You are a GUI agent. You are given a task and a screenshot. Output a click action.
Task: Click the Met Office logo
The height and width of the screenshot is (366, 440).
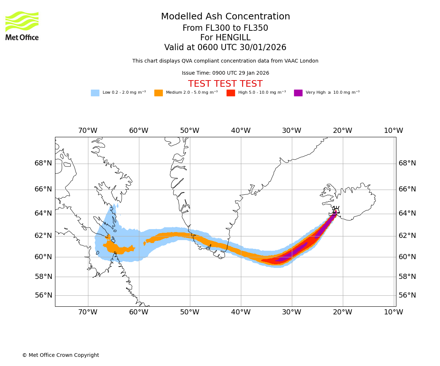click(x=22, y=26)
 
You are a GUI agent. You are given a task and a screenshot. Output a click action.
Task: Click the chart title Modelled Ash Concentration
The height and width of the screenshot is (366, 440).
click(x=225, y=16)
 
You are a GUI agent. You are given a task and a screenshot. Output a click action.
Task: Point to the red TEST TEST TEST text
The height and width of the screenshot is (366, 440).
click(x=225, y=84)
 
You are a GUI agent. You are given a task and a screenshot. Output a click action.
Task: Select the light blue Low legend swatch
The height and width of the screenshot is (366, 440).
click(x=95, y=93)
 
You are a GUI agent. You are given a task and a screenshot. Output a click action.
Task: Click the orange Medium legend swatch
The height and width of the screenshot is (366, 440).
click(x=158, y=93)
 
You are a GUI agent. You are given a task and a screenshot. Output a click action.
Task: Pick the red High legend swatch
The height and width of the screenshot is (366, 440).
click(x=231, y=93)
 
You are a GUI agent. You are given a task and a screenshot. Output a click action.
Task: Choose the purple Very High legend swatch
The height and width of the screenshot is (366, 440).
click(x=298, y=93)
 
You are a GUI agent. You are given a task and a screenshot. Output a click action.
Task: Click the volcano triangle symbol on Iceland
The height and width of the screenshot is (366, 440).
click(x=336, y=211)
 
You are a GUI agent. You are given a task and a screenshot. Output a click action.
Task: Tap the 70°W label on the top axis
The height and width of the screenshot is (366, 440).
click(x=88, y=131)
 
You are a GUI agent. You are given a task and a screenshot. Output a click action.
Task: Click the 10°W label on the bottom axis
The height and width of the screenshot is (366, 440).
click(x=393, y=312)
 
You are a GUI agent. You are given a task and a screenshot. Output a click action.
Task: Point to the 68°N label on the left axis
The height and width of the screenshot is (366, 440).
click(x=43, y=163)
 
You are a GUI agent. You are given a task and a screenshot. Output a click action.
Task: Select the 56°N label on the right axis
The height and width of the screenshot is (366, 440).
click(x=407, y=295)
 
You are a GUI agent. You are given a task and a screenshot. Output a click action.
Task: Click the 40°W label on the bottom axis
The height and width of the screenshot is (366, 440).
click(x=241, y=312)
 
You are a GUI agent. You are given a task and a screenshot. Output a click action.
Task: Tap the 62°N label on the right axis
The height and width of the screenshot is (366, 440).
click(x=407, y=236)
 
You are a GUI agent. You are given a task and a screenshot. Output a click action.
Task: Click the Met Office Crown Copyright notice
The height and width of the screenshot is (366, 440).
click(x=60, y=355)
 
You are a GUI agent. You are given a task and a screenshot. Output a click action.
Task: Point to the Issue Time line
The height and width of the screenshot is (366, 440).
click(x=225, y=73)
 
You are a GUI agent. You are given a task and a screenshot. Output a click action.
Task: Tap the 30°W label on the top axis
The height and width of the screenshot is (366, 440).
click(x=291, y=131)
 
